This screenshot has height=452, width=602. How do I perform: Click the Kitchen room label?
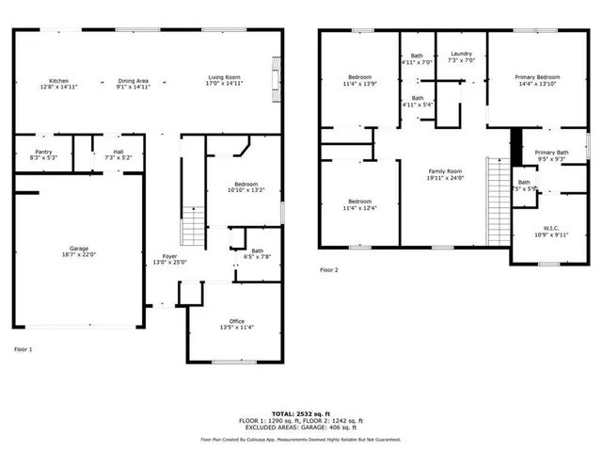pos(58,81)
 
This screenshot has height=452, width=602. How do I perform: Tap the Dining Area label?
pos(133,81)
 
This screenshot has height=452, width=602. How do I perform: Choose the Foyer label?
pos(169,256)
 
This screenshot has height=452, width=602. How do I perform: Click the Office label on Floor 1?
pos(237,321)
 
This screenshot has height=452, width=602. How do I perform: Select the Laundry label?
pos(461,55)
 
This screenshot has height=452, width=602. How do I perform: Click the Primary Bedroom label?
pos(536,77)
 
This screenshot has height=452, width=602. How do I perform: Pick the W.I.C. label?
pos(550,227)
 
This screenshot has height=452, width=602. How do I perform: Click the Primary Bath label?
pos(551,153)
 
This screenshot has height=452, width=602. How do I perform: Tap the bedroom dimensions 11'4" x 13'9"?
pos(359,84)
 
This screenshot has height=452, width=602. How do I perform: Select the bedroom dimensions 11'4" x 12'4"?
pos(359,208)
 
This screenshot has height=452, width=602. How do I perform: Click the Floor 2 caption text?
pos(328,270)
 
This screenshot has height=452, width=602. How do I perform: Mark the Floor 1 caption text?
pos(23,349)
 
